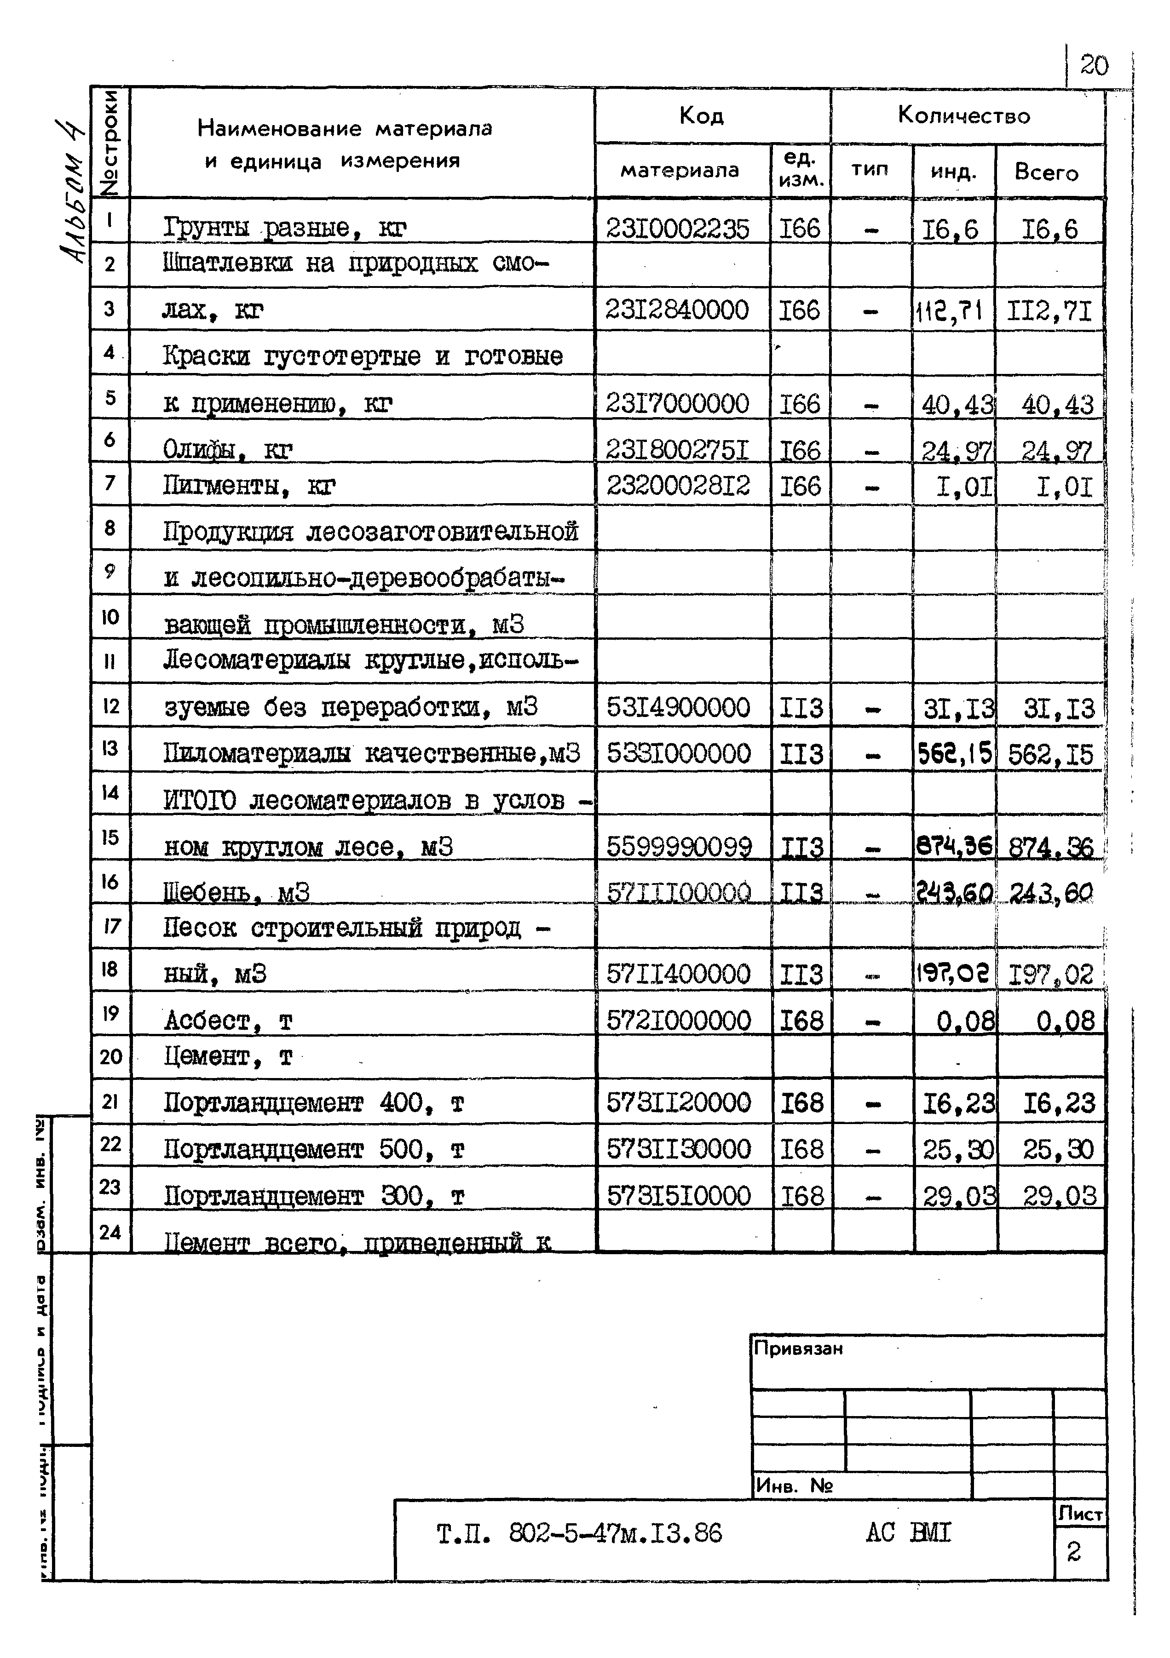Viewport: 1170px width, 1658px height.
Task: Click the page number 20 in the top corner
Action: pos(1094,66)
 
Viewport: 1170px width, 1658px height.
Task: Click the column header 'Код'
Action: pos(701,115)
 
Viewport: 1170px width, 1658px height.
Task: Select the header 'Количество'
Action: pos(963,115)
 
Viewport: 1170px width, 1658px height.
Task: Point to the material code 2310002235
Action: pos(677,229)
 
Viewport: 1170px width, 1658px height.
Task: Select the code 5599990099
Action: pos(679,846)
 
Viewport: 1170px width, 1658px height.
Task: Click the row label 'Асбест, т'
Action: pos(227,1021)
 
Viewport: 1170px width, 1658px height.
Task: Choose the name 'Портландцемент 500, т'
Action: pos(313,1149)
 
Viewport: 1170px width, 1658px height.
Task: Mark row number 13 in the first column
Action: pos(110,748)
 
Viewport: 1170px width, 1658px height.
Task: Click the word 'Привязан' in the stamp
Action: pos(798,1348)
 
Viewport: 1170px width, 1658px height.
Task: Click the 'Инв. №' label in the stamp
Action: pos(794,1486)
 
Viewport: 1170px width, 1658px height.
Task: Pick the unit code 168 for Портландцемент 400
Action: pos(801,1103)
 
